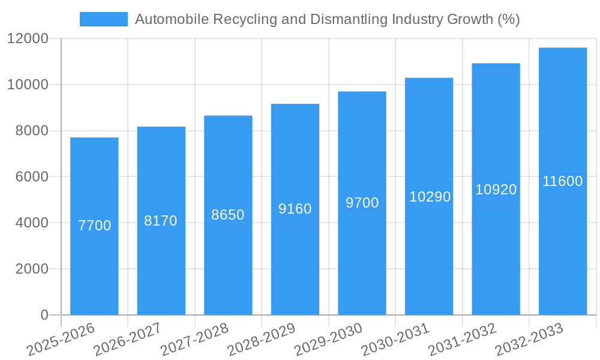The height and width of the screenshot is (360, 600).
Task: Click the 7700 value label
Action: [x=95, y=226]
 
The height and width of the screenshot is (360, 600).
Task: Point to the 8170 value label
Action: [x=161, y=221]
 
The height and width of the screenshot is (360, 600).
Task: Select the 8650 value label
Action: [x=228, y=215]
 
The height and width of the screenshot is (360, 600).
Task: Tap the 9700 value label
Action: [x=362, y=203]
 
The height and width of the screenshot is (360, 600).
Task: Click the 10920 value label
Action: [x=496, y=190]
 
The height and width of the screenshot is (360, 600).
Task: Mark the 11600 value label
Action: [x=563, y=181]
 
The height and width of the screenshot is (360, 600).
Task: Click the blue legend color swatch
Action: [x=104, y=19]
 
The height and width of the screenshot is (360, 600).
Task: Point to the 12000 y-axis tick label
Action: [x=28, y=38]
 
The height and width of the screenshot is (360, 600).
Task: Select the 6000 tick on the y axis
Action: [x=32, y=177]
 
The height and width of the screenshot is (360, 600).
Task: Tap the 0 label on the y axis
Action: [x=44, y=315]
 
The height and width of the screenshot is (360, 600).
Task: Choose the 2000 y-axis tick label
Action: [x=32, y=269]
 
